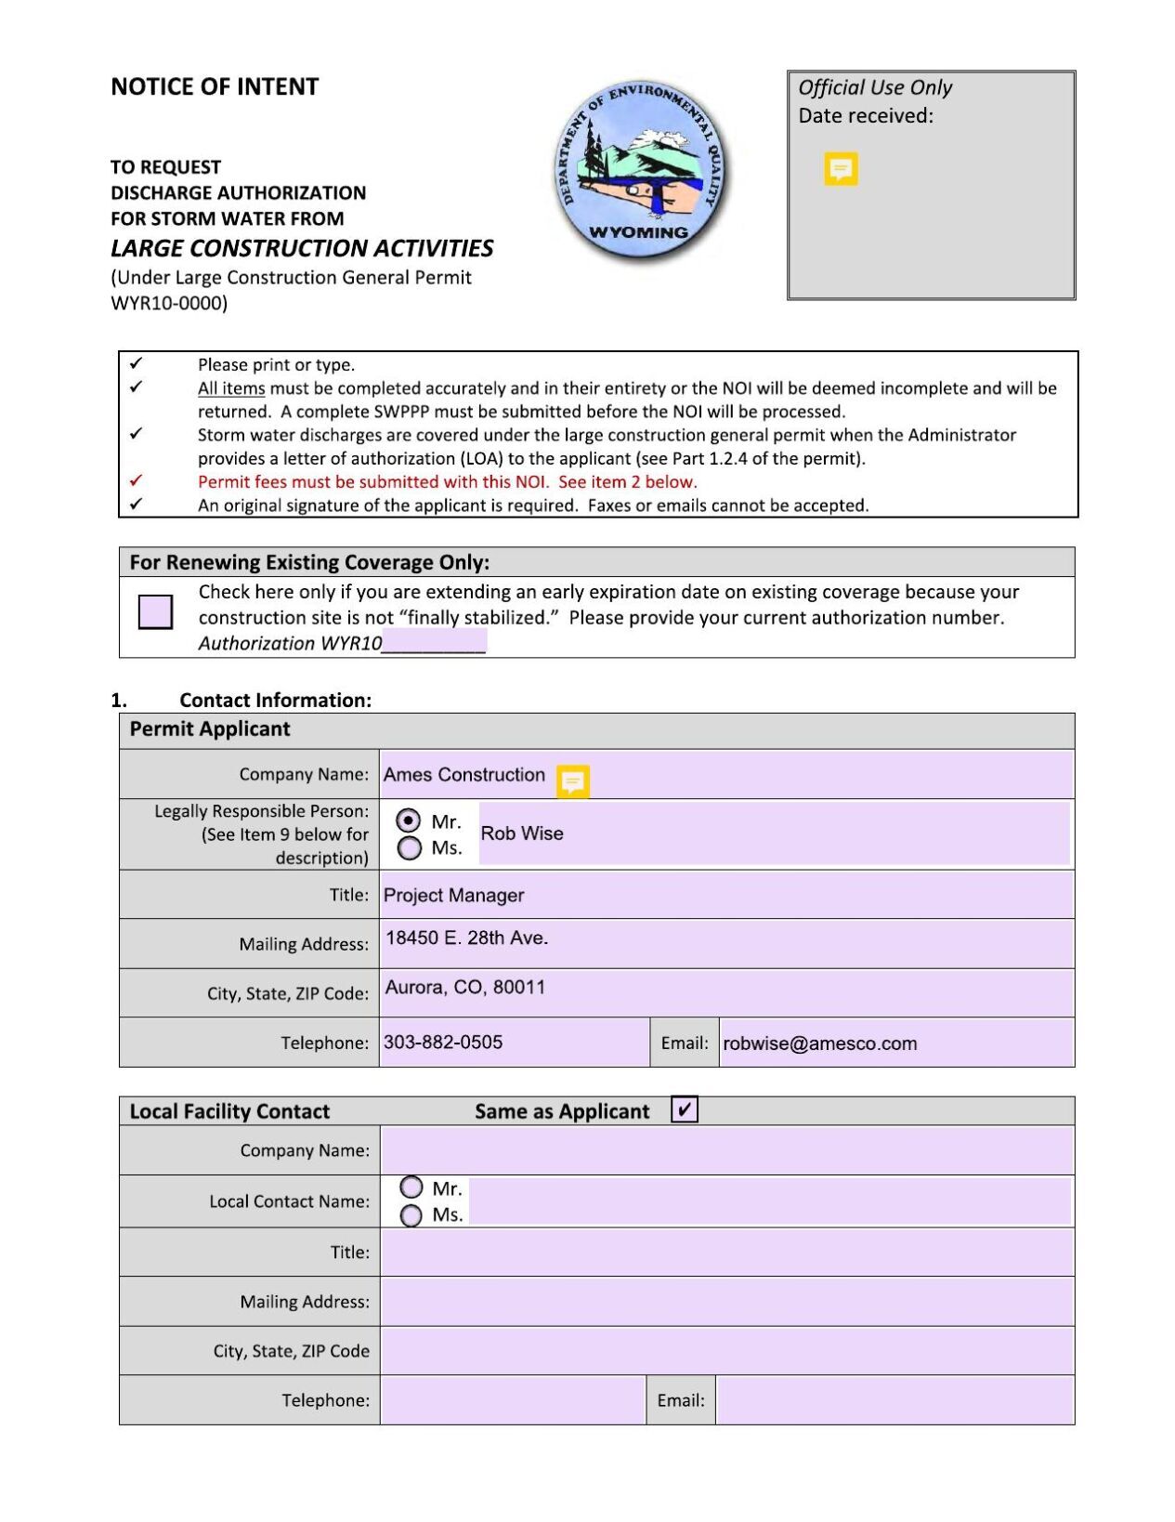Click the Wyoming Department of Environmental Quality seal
[641, 169]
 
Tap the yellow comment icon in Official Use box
[841, 168]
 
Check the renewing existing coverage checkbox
[155, 611]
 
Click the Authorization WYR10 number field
[434, 642]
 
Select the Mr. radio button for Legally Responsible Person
[409, 820]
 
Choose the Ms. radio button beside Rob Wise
[409, 847]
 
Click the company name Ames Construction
[464, 775]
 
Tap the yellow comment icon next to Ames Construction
[572, 781]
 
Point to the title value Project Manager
[453, 895]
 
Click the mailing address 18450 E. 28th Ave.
[466, 938]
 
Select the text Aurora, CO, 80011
[465, 987]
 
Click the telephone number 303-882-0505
[443, 1042]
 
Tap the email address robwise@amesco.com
[819, 1043]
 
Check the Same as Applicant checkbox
[685, 1109]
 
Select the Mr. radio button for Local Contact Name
[411, 1187]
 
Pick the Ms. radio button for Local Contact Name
[411, 1215]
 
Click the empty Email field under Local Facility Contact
[894, 1399]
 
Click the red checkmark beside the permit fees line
[137, 480]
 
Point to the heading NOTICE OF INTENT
[215, 87]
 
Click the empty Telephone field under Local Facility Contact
[513, 1399]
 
